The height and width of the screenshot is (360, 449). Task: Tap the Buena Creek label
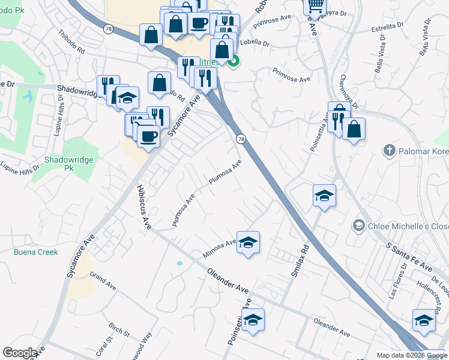(36, 252)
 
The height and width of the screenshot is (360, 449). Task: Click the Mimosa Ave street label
(220, 249)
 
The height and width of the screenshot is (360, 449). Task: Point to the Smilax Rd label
(297, 260)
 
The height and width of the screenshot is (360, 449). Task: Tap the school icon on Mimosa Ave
(248, 242)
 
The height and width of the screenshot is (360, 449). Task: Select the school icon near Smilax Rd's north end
(324, 196)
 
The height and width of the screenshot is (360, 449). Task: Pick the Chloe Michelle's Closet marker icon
(358, 225)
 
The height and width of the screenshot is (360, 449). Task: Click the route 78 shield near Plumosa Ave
(241, 139)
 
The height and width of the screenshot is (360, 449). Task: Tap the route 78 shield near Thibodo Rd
(108, 28)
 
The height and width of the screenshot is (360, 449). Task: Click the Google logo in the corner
(20, 353)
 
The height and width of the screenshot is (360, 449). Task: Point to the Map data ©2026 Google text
(411, 355)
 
